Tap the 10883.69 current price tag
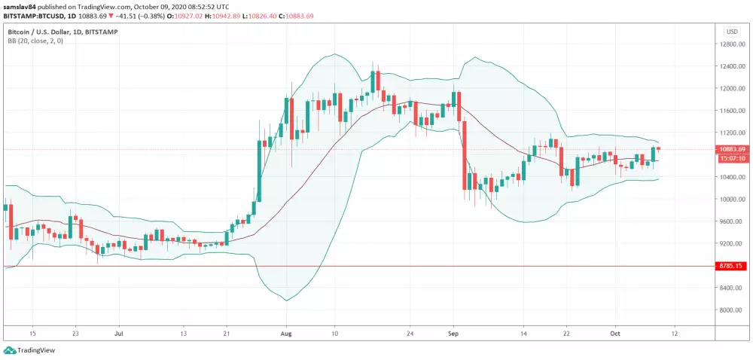pos(732,149)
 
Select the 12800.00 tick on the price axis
pos(731,44)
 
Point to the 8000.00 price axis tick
pos(731,310)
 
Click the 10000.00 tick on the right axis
pos(731,199)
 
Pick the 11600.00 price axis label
pos(731,111)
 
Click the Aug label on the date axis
pos(285,331)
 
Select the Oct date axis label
pos(615,331)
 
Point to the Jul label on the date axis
pos(119,331)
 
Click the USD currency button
pos(732,32)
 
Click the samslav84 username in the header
pos(18,5)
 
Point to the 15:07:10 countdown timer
pos(732,158)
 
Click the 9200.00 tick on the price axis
pos(731,243)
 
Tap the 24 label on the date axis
pos(410,331)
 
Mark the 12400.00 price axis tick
pos(731,66)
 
